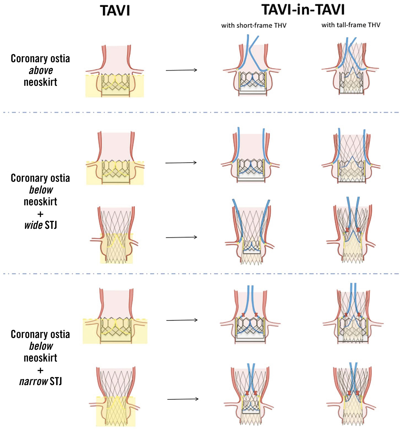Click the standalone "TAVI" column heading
click(x=115, y=11)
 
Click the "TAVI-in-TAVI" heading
click(x=303, y=10)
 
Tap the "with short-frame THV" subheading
click(x=253, y=25)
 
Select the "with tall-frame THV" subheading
click(x=351, y=25)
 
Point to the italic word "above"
click(x=41, y=70)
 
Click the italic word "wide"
click(x=33, y=225)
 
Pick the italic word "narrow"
click(x=33, y=381)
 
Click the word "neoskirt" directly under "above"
click(x=40, y=82)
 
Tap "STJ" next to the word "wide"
click(x=51, y=225)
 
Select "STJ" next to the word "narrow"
click(x=56, y=381)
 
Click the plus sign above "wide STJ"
click(x=40, y=214)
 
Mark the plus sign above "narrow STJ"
click(x=40, y=370)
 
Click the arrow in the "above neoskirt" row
click(x=181, y=70)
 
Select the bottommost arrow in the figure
click(x=183, y=399)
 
